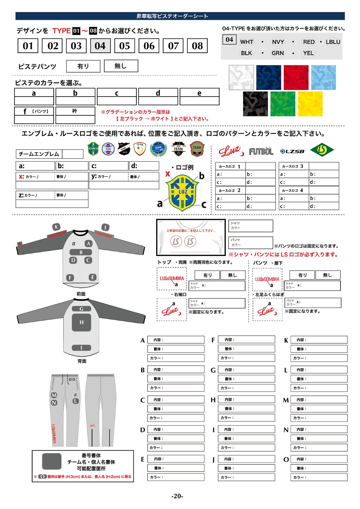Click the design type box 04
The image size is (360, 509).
coord(100,46)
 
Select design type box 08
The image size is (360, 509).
coord(197,46)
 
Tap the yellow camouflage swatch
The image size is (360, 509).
coord(310,104)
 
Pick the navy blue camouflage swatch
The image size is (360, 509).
coord(268,77)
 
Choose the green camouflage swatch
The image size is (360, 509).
coord(283,104)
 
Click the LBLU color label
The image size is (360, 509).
coord(333,42)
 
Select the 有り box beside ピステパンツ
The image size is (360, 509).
coord(83,66)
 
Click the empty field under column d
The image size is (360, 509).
coord(158,101)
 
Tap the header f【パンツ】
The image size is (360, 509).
coord(34,111)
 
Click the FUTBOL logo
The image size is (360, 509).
coord(261,151)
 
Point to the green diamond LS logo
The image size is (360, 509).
coord(322,150)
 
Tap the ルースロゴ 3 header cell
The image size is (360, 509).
coord(293,166)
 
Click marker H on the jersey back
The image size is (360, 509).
coord(82,322)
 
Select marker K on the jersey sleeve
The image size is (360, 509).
coord(56,227)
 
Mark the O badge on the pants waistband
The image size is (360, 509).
coord(72,380)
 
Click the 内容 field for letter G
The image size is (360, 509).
coord(246,370)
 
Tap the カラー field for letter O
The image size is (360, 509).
coord(319,477)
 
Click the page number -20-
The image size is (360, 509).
coord(177,496)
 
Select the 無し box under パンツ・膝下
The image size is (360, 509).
coord(328,275)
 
